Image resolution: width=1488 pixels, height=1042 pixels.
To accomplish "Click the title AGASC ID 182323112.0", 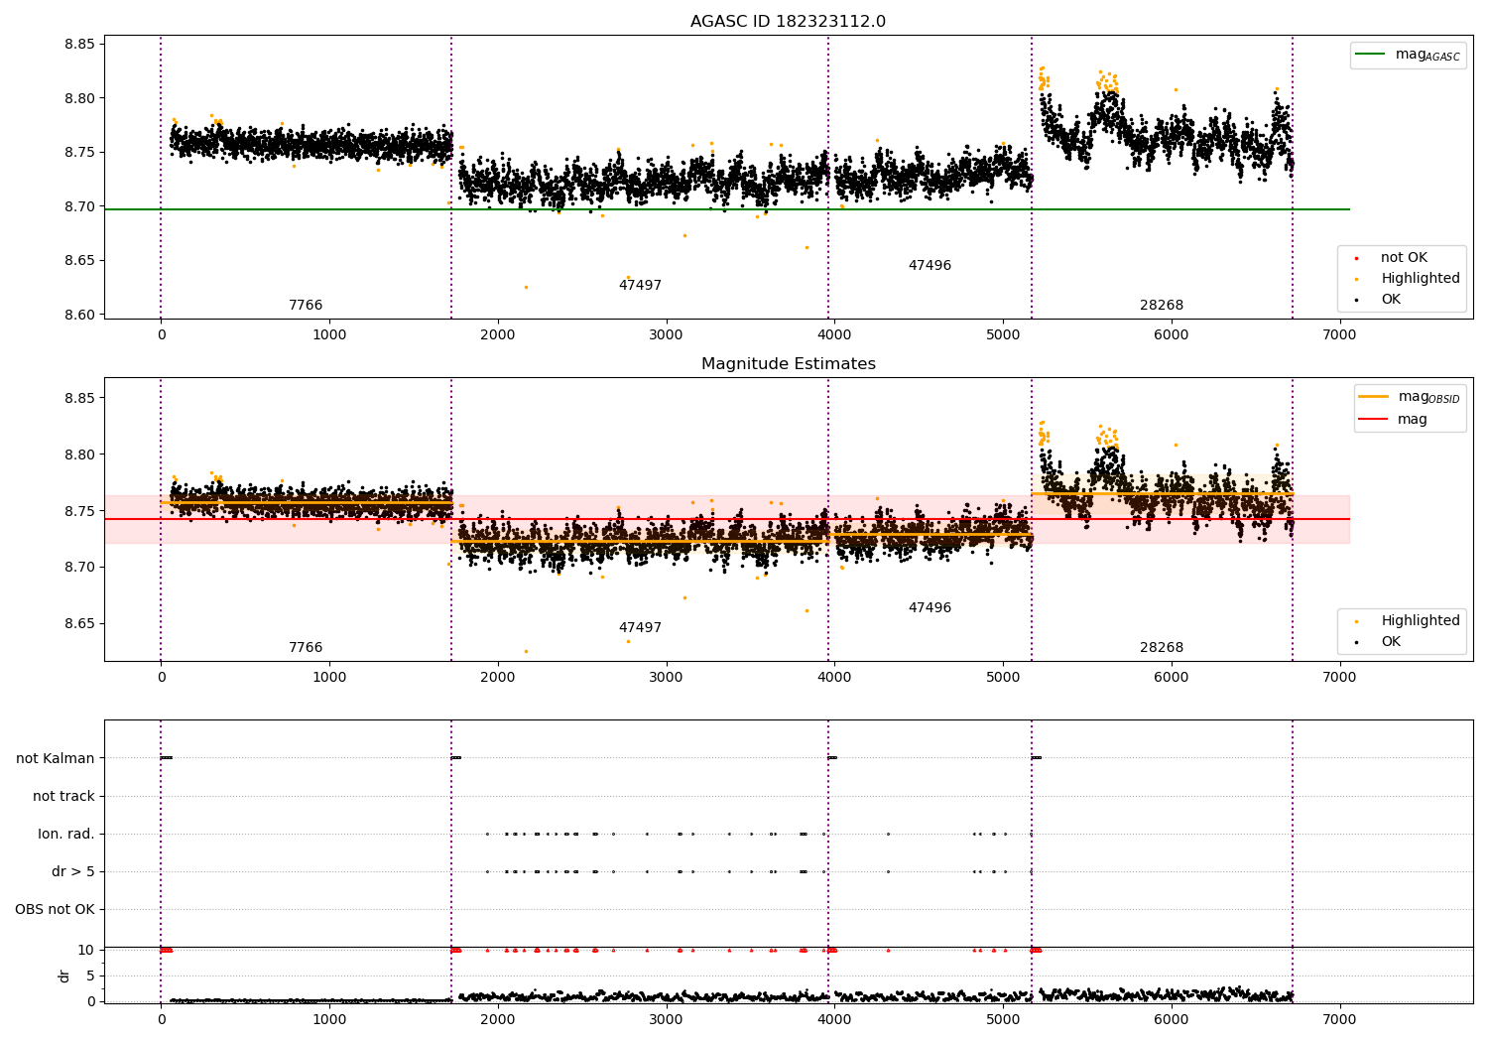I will (x=788, y=22).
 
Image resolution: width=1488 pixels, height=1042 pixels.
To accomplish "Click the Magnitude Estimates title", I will (x=788, y=364).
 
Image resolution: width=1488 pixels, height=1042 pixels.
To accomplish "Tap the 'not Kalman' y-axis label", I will (x=56, y=758).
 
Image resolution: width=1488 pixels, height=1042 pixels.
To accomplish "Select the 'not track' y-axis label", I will (x=63, y=796).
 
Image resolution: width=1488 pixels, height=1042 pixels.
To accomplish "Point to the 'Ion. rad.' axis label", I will (x=66, y=834).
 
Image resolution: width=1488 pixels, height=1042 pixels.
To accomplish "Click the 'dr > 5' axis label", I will (x=73, y=871).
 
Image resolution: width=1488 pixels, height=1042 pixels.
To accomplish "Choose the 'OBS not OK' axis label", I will (x=55, y=909).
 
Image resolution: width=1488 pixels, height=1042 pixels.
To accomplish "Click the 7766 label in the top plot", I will (x=306, y=306).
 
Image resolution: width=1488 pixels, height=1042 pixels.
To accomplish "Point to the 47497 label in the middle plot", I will (x=640, y=628).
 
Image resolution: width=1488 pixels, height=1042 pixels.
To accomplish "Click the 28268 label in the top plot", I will (x=1161, y=306).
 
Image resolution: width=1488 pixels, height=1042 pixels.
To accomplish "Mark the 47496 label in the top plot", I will (x=930, y=266).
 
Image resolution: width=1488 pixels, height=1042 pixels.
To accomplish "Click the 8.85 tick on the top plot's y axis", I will (x=79, y=44).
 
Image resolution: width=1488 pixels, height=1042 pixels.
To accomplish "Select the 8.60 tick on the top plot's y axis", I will (x=79, y=315).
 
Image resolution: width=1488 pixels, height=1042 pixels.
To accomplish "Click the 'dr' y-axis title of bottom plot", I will (x=64, y=976).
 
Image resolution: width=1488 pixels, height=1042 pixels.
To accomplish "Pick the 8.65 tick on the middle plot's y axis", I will (x=79, y=623).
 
